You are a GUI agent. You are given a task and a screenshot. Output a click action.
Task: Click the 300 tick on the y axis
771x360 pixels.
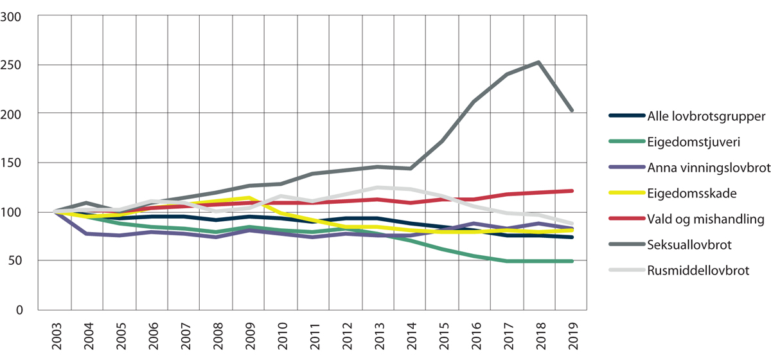pyautogui.click(x=19, y=15)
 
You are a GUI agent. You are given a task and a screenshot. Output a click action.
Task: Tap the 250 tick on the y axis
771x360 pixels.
pyautogui.click(x=19, y=64)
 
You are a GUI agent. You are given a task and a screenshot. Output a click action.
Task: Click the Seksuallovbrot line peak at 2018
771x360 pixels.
pyautogui.click(x=538, y=62)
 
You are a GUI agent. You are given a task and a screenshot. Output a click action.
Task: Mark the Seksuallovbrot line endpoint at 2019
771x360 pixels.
pyautogui.click(x=571, y=110)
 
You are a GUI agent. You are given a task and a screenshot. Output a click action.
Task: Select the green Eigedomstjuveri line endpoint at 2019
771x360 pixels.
pyautogui.click(x=571, y=261)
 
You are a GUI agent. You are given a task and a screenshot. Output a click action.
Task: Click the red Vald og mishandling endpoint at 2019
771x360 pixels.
pyautogui.click(x=571, y=191)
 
